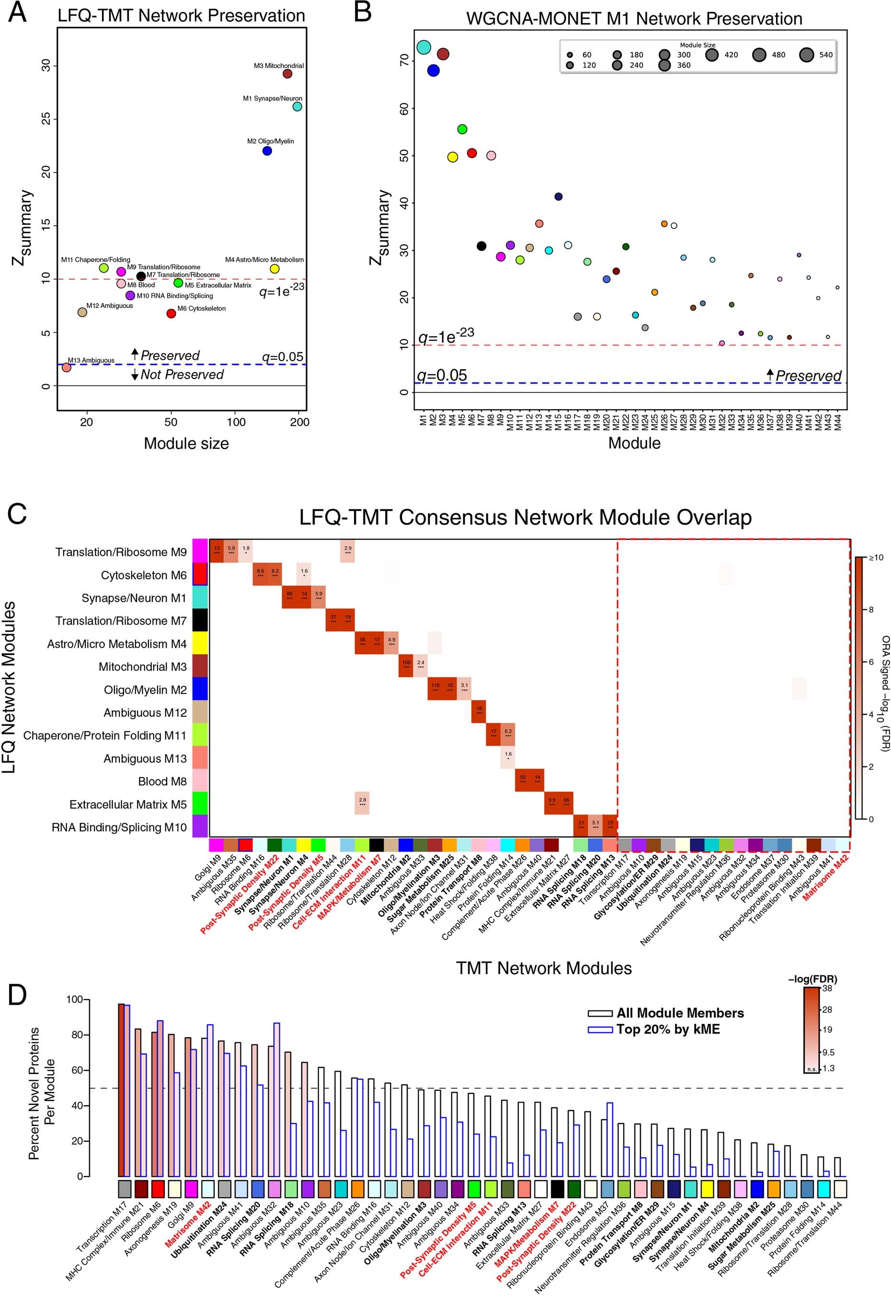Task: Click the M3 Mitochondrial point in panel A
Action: (x=287, y=74)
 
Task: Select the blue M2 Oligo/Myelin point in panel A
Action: (x=267, y=151)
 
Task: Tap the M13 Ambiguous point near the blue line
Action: (x=67, y=367)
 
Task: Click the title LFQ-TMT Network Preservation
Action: (x=182, y=16)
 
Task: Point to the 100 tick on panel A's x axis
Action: (x=236, y=422)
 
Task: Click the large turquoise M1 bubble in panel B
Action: (x=423, y=47)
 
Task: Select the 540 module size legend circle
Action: (x=806, y=55)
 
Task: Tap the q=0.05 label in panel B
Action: (x=442, y=375)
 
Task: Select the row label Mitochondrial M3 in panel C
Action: (x=142, y=667)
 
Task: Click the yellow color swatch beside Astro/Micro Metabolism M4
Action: (x=200, y=644)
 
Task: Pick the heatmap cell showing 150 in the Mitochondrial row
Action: (x=406, y=665)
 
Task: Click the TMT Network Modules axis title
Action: (x=544, y=968)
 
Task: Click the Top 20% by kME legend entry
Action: (x=668, y=1029)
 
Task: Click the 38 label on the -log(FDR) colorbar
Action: (x=827, y=988)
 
